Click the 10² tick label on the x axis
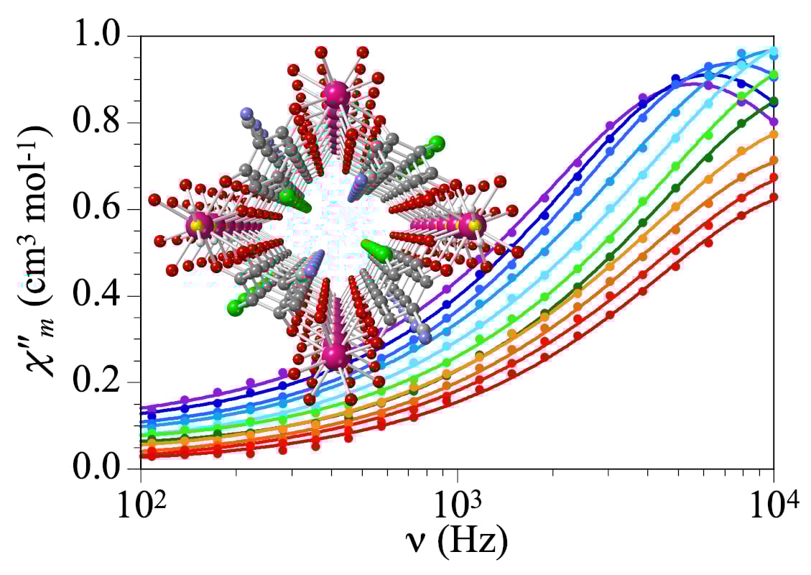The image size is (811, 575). coord(141,497)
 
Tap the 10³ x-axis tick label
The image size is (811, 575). coord(458,497)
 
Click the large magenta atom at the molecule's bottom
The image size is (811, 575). coord(335,355)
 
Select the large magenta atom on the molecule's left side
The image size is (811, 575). coord(198,225)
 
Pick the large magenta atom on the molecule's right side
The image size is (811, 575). coord(472,224)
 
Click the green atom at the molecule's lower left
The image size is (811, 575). coord(234,308)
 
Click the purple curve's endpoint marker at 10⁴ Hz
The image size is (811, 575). coord(774,121)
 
